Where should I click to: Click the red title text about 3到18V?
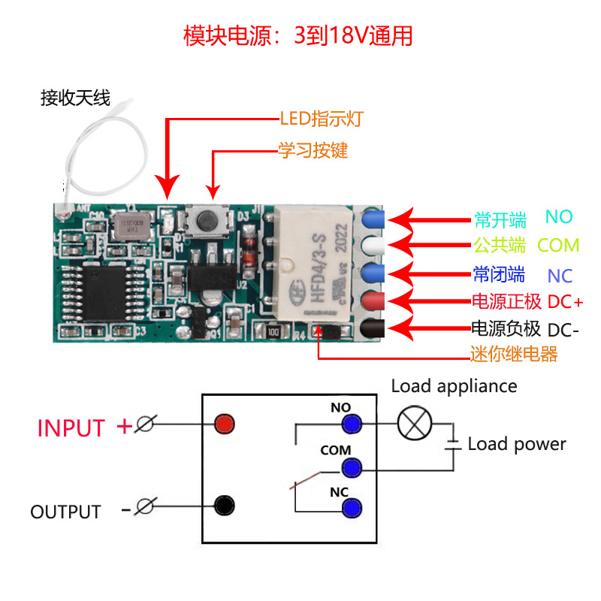[298, 36]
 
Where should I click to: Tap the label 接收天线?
[75, 98]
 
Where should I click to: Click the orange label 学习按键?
[313, 150]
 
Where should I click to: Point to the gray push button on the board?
[204, 221]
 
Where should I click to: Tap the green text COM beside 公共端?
[558, 245]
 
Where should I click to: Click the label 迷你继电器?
[514, 355]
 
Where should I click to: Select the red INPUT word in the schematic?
[71, 428]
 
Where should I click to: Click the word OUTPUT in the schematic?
[65, 512]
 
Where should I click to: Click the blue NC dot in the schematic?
[349, 509]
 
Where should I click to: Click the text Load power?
[517, 444]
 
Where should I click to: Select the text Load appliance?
[454, 386]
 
